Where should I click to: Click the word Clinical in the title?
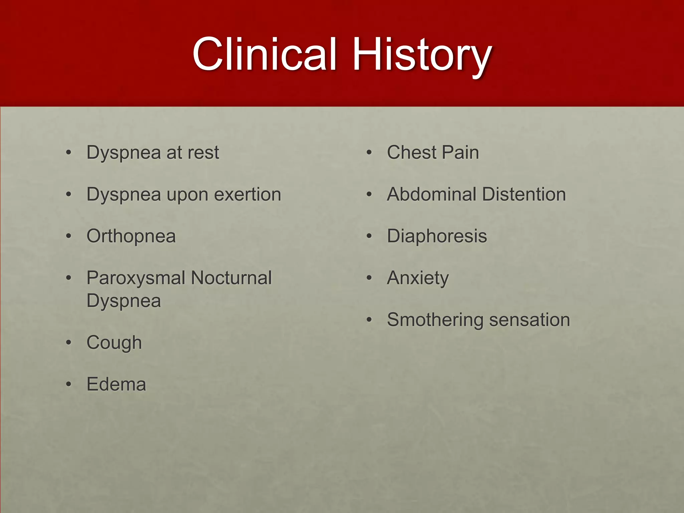264,54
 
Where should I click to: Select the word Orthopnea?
131,236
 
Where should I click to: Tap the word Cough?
114,343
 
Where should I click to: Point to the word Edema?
116,384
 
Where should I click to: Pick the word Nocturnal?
231,278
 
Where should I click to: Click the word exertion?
247,194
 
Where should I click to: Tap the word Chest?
411,153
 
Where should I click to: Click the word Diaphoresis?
437,236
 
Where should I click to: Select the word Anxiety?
417,278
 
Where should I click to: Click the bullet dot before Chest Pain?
369,153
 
